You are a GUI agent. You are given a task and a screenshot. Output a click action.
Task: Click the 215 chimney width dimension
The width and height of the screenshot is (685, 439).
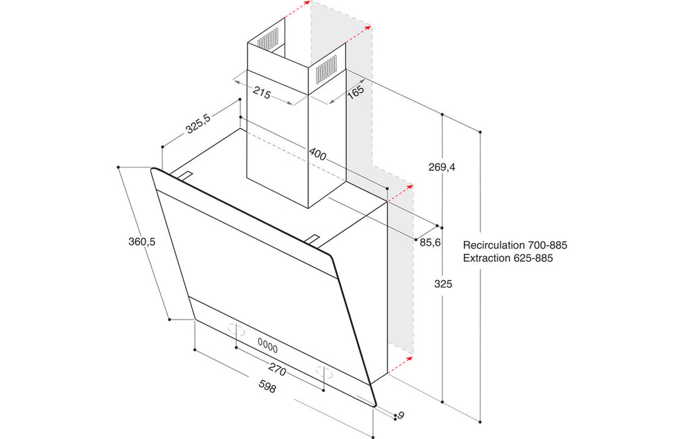[x=262, y=95]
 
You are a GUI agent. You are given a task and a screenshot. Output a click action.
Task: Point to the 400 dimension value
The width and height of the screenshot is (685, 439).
[x=317, y=154]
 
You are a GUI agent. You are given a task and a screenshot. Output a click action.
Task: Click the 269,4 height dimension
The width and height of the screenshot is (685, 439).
[x=441, y=167]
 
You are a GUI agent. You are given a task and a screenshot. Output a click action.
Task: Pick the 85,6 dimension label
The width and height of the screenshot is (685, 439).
[x=429, y=241]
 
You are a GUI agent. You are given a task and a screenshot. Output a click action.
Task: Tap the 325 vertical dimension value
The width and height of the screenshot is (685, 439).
[x=443, y=284]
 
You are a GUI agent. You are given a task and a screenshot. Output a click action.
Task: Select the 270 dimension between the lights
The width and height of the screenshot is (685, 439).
[x=277, y=371]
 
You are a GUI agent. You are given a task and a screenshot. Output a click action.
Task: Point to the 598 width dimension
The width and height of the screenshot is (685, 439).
[x=267, y=388]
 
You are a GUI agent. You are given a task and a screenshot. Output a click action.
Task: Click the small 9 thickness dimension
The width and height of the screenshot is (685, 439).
[x=400, y=415]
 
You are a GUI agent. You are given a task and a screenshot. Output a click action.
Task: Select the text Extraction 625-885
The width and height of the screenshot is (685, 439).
[x=508, y=258]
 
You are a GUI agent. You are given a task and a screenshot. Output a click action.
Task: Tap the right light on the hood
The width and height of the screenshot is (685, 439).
[x=324, y=371]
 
